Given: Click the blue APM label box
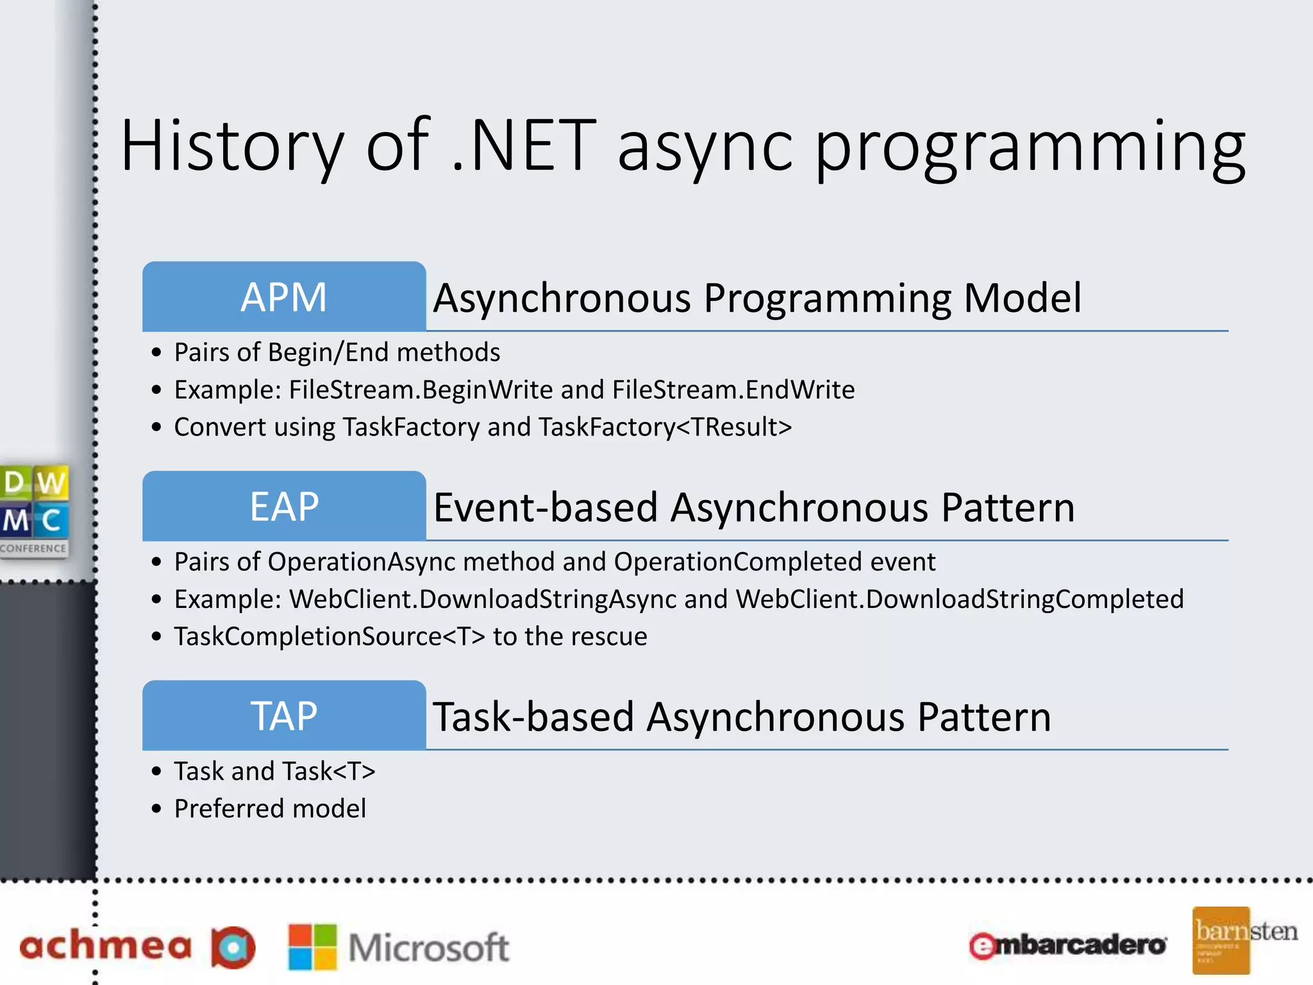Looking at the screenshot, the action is [284, 296].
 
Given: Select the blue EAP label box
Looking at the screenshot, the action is [284, 506].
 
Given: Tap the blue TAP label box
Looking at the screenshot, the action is [284, 716].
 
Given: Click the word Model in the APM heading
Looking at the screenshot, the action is [1022, 298].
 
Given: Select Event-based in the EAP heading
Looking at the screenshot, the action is [546, 507].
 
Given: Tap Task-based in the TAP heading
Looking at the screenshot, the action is [533, 717].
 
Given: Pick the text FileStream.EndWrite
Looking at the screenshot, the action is [733, 390].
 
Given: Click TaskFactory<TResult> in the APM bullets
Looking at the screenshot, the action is [665, 427].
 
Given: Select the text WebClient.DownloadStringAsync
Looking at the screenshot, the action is [483, 600].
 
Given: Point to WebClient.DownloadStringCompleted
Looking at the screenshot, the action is [960, 600].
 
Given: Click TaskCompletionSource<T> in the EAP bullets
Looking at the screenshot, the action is [330, 637].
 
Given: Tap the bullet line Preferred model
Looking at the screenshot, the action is [270, 809].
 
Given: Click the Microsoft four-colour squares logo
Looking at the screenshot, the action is [312, 947].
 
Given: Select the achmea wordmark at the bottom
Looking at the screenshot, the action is [106, 946].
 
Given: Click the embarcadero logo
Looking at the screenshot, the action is [1067, 945].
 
